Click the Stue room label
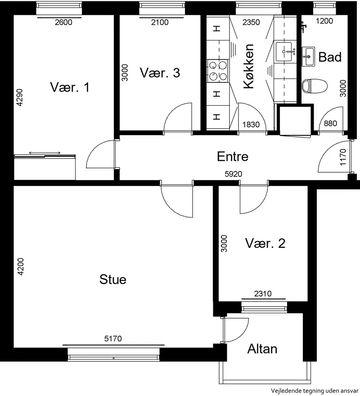click(x=112, y=279)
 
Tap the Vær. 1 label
click(x=70, y=87)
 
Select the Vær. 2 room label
click(x=265, y=243)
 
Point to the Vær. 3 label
click(x=160, y=73)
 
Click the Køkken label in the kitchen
click(x=248, y=66)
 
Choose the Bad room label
click(x=330, y=57)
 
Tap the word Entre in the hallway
click(x=233, y=157)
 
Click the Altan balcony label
click(x=262, y=349)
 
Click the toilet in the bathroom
click(x=315, y=85)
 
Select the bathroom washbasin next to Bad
click(x=308, y=56)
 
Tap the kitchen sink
click(x=284, y=52)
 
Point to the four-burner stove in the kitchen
click(x=218, y=71)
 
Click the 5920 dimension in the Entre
click(x=234, y=174)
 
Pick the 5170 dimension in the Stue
click(x=113, y=338)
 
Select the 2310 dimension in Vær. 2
click(x=263, y=293)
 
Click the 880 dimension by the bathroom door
click(x=330, y=123)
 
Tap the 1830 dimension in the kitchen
click(x=251, y=125)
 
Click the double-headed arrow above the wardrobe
click(x=45, y=153)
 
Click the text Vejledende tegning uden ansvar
click(x=315, y=391)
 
